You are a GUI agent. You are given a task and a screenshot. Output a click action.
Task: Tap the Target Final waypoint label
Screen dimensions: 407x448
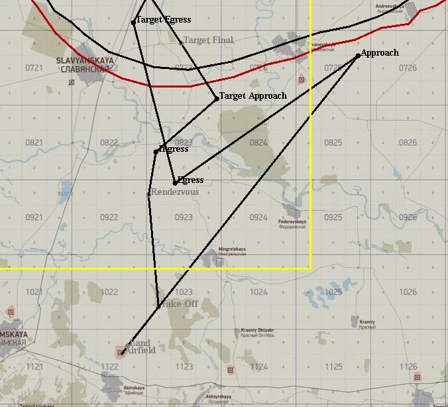pyautogui.click(x=208, y=40)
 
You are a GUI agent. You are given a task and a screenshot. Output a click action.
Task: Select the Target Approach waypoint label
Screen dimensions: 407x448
pyautogui.click(x=253, y=96)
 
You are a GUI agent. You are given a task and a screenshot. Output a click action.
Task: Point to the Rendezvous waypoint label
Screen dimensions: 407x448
pyautogui.click(x=175, y=192)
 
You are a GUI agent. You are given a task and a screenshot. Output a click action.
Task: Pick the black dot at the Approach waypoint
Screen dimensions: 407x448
pyautogui.click(x=358, y=56)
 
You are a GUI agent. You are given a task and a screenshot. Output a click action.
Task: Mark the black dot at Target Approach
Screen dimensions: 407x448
pyautogui.click(x=217, y=99)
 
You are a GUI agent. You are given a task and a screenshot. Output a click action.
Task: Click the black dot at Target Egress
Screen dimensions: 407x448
pyautogui.click(x=134, y=22)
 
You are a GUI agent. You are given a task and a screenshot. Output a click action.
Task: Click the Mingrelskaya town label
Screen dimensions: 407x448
pyautogui.click(x=232, y=250)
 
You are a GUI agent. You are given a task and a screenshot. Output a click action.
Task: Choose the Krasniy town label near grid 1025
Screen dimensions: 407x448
pyautogui.click(x=367, y=323)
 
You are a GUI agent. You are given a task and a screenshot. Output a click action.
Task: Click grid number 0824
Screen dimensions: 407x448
pyautogui.click(x=258, y=143)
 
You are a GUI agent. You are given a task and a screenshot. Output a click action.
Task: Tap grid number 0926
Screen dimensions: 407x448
pyautogui.click(x=408, y=217)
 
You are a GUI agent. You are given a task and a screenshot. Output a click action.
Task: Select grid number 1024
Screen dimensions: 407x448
pyautogui.click(x=258, y=292)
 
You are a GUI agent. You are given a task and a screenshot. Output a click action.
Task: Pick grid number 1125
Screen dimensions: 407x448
pyautogui.click(x=333, y=367)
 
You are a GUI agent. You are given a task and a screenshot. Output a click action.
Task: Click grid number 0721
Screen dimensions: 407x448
pyautogui.click(x=34, y=68)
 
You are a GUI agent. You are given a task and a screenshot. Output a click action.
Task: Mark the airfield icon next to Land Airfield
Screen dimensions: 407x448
pyautogui.click(x=121, y=353)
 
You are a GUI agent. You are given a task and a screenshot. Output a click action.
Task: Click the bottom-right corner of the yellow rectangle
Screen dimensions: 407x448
pyautogui.click(x=310, y=268)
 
